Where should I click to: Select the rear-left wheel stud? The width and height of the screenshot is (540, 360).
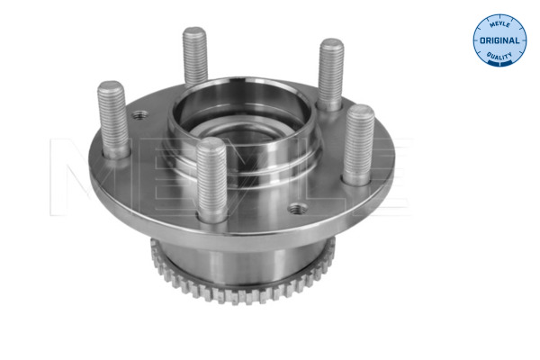(195, 58)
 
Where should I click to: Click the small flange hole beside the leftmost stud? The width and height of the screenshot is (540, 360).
(139, 116)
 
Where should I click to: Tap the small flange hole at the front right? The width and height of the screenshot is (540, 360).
(296, 209)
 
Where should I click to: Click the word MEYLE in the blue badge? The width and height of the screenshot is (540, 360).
(499, 26)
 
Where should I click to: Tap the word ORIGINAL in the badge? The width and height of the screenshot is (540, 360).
(499, 41)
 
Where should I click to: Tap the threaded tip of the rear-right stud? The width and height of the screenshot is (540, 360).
(331, 48)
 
